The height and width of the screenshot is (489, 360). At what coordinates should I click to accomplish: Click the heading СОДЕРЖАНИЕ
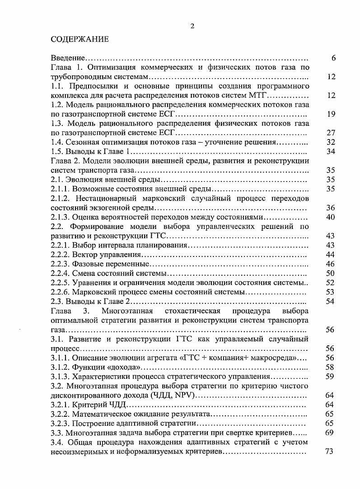click(79, 39)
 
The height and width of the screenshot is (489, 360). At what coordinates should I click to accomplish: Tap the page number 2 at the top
click(192, 26)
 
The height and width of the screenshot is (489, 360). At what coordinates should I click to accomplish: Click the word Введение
click(68, 58)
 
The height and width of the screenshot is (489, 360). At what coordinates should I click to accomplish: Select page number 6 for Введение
click(333, 58)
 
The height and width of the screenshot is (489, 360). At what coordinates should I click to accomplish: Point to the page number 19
click(331, 114)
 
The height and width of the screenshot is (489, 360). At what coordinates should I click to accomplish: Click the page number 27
click(331, 133)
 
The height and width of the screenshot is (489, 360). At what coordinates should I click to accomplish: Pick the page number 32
click(331, 142)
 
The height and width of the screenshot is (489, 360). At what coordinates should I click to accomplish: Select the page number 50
click(331, 273)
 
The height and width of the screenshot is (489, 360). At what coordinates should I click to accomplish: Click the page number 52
click(331, 283)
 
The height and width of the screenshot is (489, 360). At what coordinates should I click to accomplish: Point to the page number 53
click(331, 292)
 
